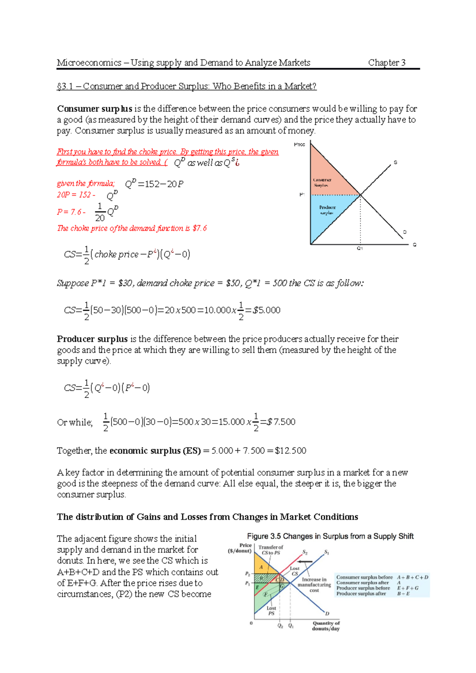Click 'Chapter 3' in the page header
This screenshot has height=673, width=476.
tap(386, 63)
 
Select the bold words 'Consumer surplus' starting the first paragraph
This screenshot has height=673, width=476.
tap(94, 109)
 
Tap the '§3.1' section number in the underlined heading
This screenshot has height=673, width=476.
tap(65, 86)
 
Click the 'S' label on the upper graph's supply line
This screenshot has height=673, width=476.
tap(395, 163)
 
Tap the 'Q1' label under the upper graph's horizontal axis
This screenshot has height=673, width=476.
tap(360, 249)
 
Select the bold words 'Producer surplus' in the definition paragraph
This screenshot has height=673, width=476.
tap(92, 339)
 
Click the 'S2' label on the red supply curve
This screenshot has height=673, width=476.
tap(305, 552)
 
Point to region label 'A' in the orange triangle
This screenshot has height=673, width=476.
tap(261, 567)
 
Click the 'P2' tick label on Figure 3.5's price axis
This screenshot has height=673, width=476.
tap(247, 574)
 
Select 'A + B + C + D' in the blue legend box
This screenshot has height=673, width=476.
tap(413, 577)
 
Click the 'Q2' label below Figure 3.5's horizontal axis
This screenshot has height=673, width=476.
tap(280, 626)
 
